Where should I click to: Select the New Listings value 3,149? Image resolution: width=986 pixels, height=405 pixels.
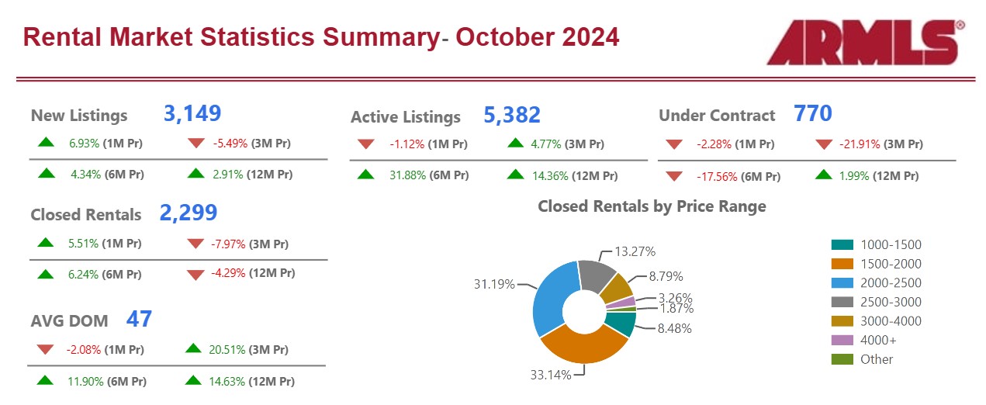(x=192, y=113)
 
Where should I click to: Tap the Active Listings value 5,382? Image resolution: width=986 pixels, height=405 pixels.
(x=512, y=115)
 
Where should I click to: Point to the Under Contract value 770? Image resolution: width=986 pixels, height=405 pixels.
(x=813, y=114)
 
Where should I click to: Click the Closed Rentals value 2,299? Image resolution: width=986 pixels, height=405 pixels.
(x=189, y=213)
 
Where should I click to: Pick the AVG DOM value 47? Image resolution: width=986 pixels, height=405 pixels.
(x=140, y=319)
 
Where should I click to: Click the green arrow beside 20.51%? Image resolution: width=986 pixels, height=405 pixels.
(x=194, y=349)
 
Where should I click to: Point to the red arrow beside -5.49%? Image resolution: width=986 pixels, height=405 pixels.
(x=196, y=144)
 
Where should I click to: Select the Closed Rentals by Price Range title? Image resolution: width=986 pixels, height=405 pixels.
(x=652, y=206)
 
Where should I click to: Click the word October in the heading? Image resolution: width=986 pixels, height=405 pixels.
(x=504, y=36)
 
